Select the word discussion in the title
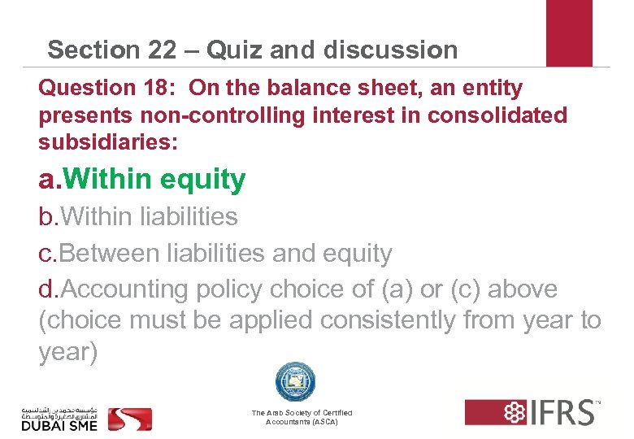click(x=390, y=50)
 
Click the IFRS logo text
click(x=560, y=412)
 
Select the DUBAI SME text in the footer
click(x=59, y=424)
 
